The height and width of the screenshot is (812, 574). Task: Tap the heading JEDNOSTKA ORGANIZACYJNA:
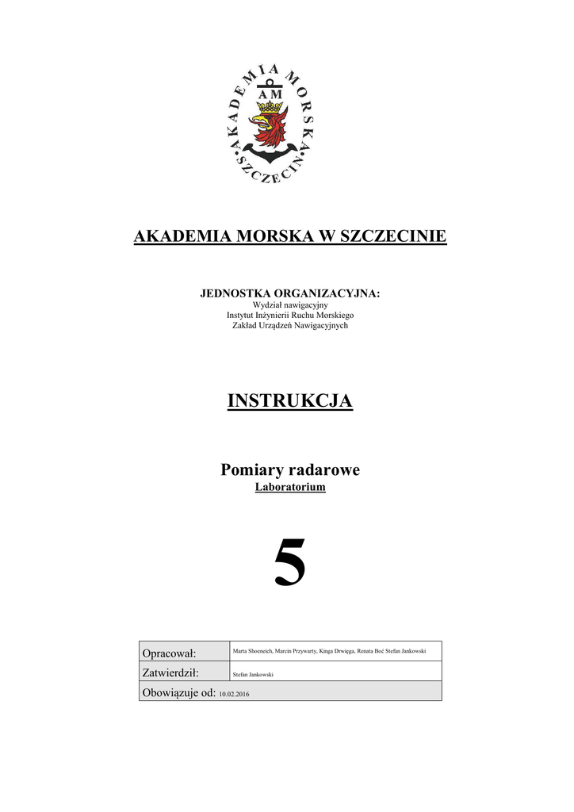(x=289, y=294)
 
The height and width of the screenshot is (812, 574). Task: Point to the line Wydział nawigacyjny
(x=289, y=304)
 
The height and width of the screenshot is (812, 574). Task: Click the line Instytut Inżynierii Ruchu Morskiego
(x=289, y=315)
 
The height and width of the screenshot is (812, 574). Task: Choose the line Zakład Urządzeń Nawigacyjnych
(x=289, y=325)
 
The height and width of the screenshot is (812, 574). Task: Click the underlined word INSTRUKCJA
(x=289, y=401)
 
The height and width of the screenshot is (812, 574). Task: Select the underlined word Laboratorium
(x=289, y=488)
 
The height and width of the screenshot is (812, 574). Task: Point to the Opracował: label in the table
(x=168, y=653)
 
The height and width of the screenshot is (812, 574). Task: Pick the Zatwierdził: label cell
(x=170, y=672)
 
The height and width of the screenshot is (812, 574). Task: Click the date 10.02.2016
(x=235, y=694)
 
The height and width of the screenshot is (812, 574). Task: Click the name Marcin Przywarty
(x=296, y=651)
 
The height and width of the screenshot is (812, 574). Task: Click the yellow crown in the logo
(x=271, y=105)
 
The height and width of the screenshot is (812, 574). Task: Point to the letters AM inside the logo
(x=271, y=94)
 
